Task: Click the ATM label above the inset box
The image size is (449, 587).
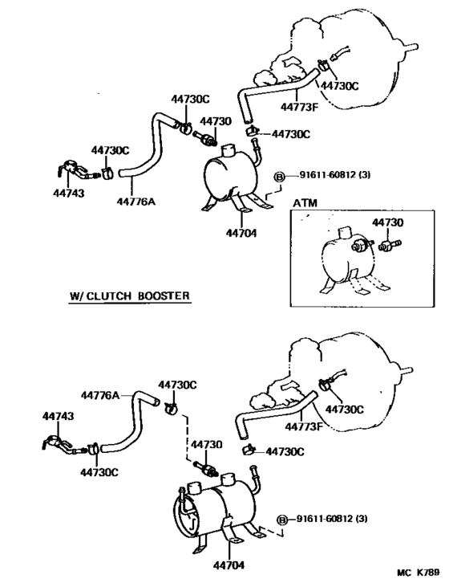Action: (x=305, y=204)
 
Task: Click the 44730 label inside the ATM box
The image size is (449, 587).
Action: (x=387, y=222)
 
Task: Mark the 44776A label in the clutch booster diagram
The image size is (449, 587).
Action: (x=100, y=394)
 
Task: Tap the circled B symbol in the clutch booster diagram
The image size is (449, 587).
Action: (x=281, y=520)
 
